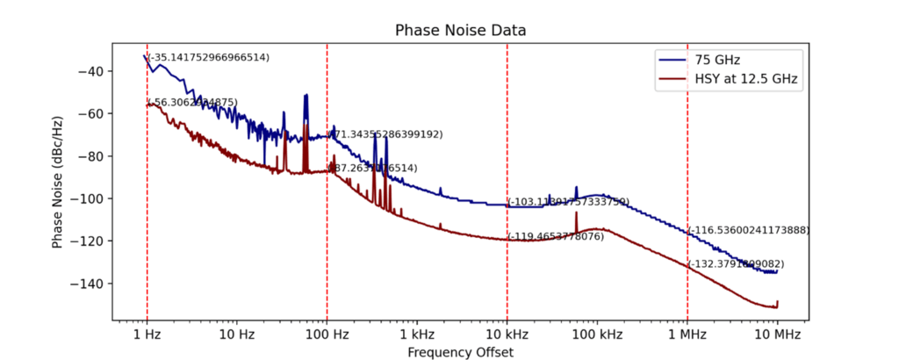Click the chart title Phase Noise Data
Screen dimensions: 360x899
[461, 31]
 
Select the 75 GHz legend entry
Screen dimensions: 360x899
[716, 60]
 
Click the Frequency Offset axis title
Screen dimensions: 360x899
[461, 352]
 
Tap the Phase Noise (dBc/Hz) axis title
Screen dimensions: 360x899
[57, 182]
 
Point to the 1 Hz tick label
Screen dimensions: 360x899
[147, 335]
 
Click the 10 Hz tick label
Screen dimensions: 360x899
[236, 335]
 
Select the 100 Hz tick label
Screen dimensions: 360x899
[327, 335]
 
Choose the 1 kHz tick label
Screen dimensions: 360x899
[417, 335]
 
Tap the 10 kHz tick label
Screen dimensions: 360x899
[507, 335]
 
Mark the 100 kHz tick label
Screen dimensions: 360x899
[597, 335]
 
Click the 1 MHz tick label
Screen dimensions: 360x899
[687, 335]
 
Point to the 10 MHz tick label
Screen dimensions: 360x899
[777, 335]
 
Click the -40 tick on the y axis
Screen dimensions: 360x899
[93, 71]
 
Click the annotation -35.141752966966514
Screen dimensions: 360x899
[209, 57]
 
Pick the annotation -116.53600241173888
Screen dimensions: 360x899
[748, 230]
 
